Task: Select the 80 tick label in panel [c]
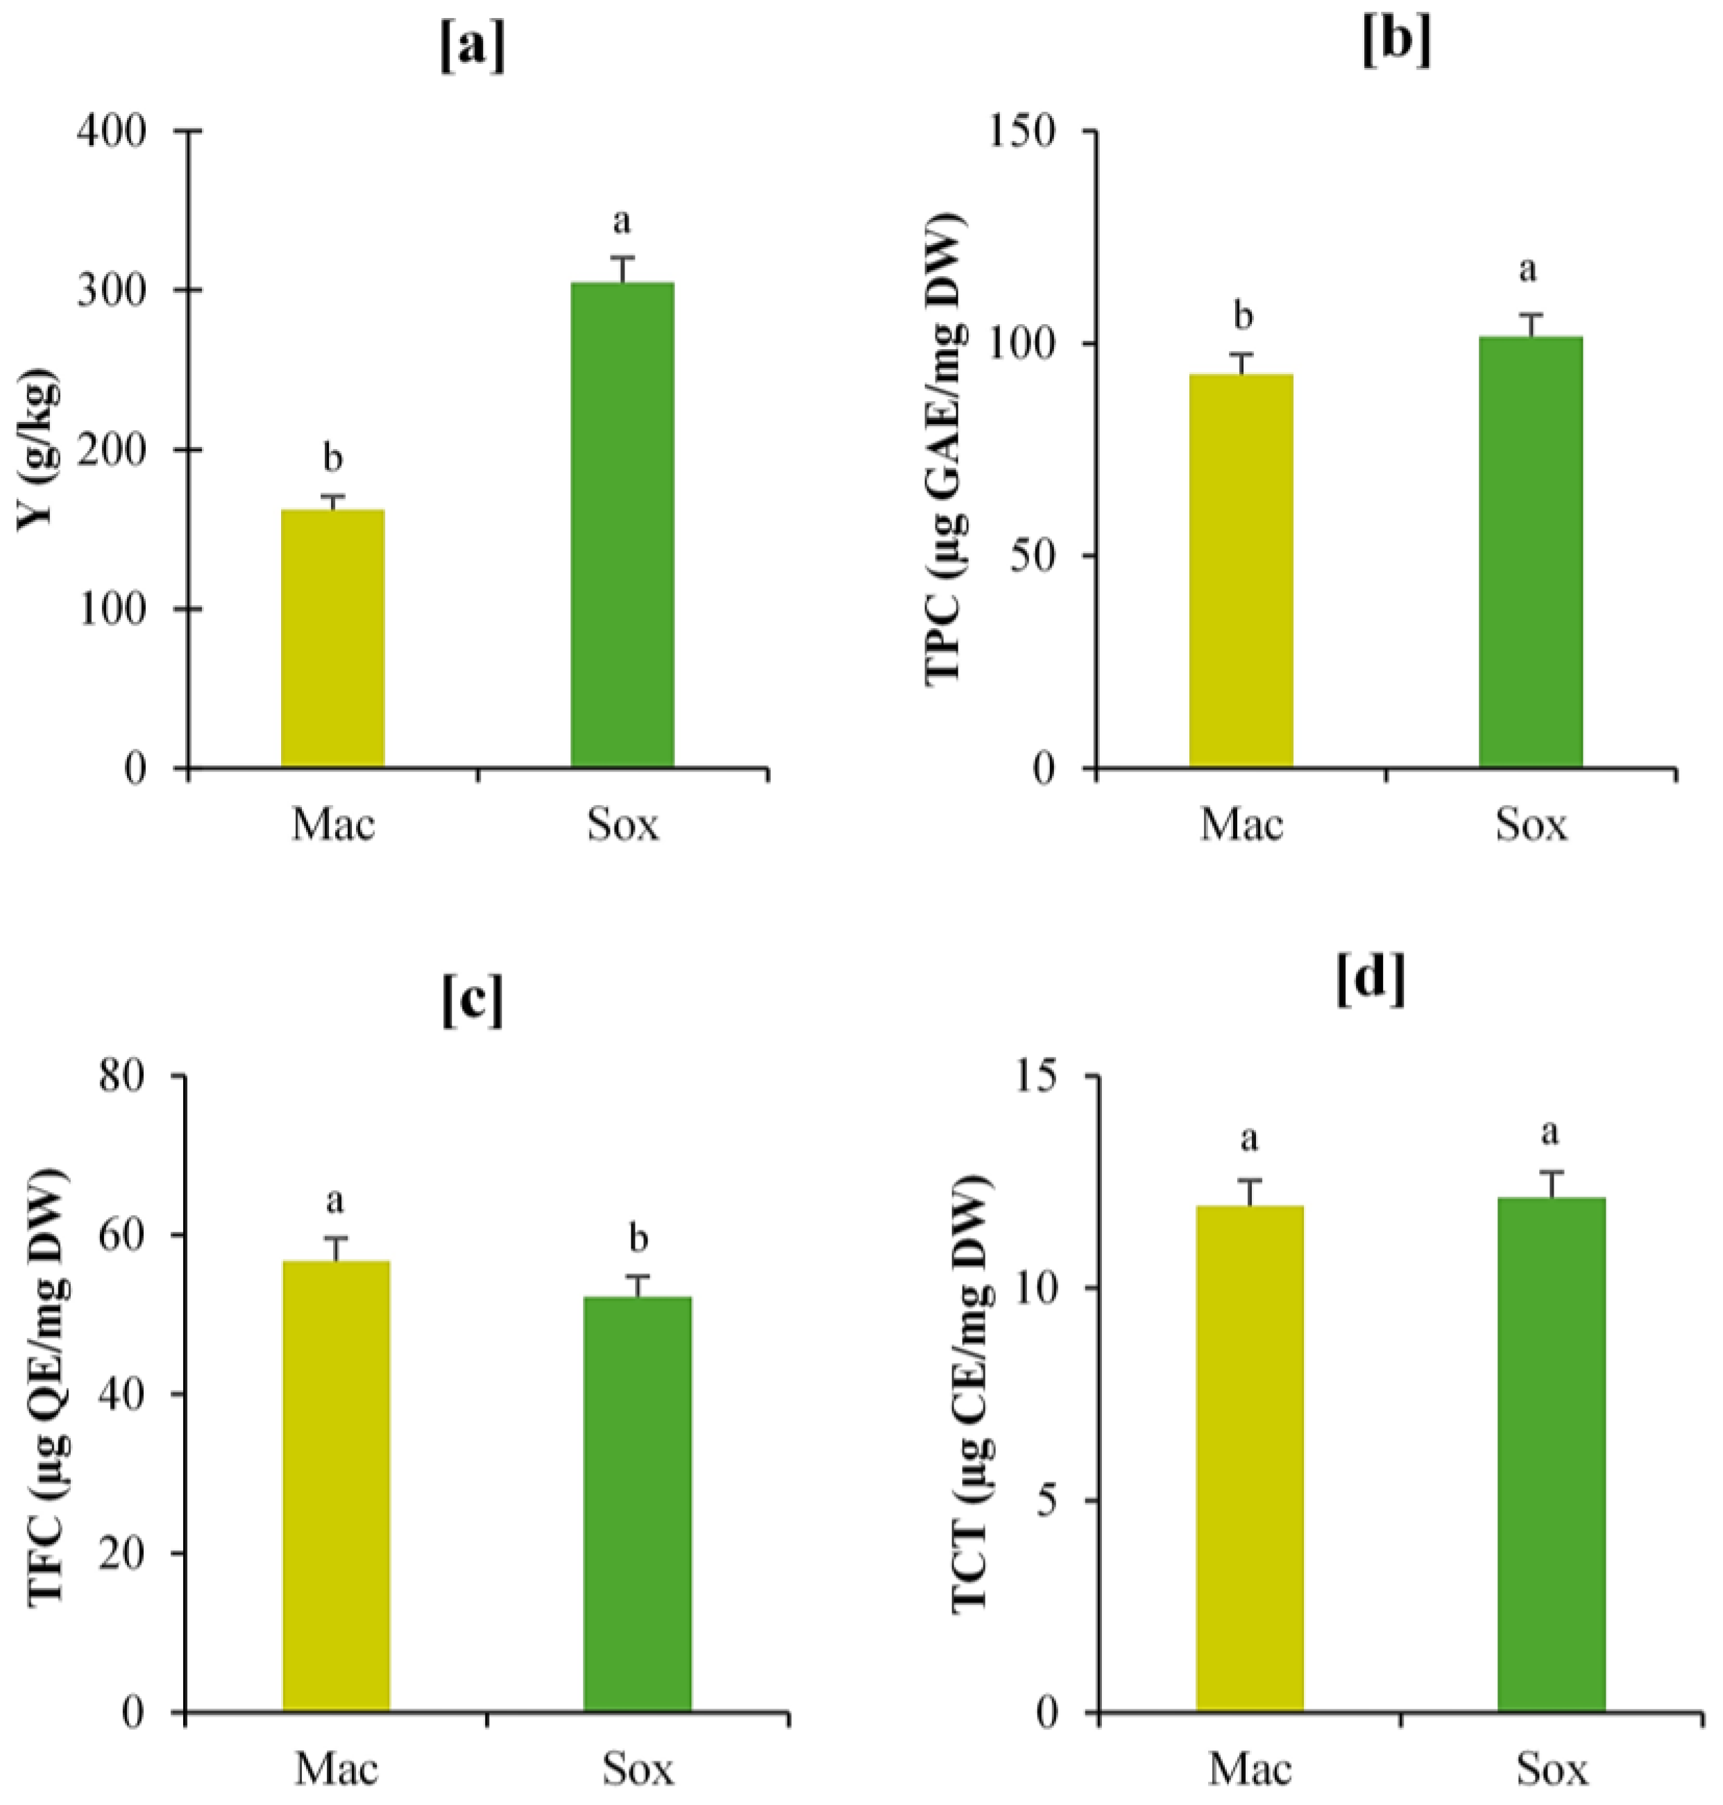[122, 1075]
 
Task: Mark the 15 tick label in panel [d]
[1038, 1075]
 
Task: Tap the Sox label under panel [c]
[638, 1768]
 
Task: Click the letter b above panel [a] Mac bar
[332, 457]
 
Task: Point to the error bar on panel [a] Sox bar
[622, 269]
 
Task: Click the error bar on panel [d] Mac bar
[1249, 1192]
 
